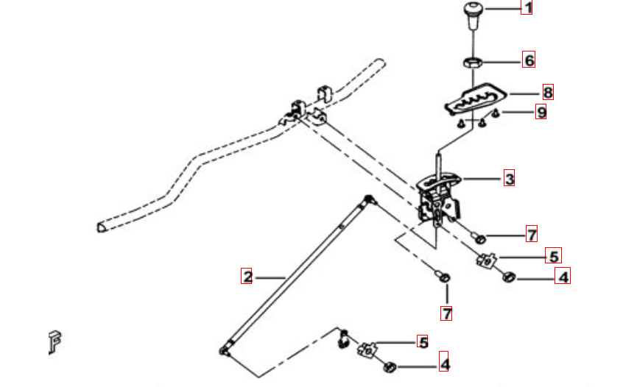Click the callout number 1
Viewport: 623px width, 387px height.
[527, 8]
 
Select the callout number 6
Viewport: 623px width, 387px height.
[529, 60]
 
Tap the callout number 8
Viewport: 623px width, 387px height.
[548, 92]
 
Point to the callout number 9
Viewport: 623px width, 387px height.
[541, 112]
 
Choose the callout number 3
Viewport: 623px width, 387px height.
[510, 178]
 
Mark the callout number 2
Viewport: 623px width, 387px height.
[247, 276]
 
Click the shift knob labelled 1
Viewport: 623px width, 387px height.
[473, 15]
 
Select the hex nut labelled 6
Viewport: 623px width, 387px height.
[473, 63]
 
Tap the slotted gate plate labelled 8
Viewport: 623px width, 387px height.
[475, 100]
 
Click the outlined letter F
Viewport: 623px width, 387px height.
[54, 341]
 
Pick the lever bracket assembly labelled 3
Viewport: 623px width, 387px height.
[439, 199]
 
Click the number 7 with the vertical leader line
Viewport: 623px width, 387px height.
[446, 313]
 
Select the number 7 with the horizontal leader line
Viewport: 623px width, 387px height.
[532, 234]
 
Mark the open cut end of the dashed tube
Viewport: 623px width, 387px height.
[101, 227]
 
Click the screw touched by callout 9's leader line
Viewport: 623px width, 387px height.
[495, 113]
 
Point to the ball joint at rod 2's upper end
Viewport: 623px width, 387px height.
[369, 199]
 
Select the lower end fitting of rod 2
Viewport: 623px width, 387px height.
[225, 349]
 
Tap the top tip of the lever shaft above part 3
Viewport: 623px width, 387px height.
[438, 154]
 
